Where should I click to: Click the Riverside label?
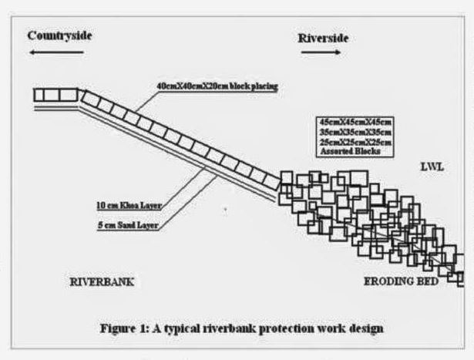[323, 36]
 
